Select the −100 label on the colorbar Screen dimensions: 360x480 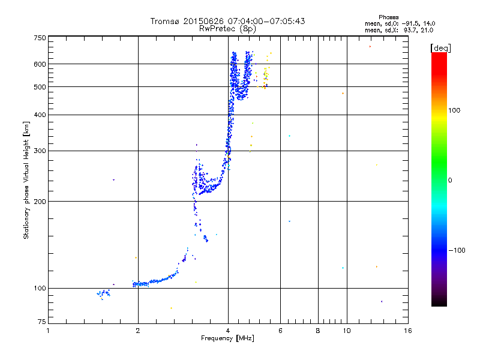[x=457, y=250]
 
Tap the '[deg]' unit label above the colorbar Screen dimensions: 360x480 [x=440, y=47]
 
